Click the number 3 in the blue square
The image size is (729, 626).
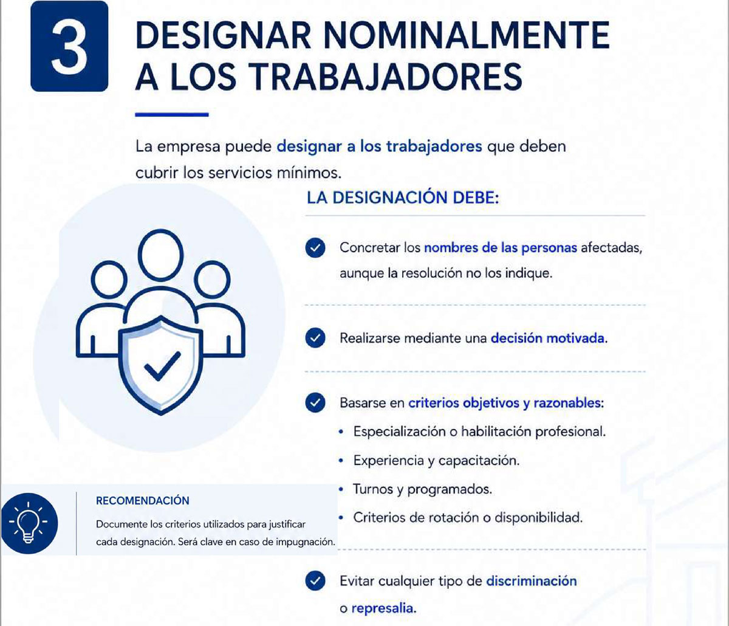[69, 47]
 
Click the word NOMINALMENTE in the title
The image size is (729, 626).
[467, 35]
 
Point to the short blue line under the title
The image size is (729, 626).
[172, 114]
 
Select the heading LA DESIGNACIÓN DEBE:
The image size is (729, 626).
[403, 198]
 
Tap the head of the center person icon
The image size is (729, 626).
[161, 255]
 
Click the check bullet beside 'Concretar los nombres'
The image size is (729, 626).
[315, 248]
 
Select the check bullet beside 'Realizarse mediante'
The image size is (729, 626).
[315, 338]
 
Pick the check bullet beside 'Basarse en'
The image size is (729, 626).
[315, 402]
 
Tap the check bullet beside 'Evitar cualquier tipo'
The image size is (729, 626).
[315, 580]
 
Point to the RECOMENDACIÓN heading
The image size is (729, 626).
[143, 500]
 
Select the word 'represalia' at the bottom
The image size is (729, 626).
[384, 608]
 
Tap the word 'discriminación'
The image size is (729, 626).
[532, 581]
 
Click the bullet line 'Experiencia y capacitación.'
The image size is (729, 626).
[436, 461]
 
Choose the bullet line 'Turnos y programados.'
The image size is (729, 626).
[423, 489]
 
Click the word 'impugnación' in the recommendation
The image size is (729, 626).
[306, 542]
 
